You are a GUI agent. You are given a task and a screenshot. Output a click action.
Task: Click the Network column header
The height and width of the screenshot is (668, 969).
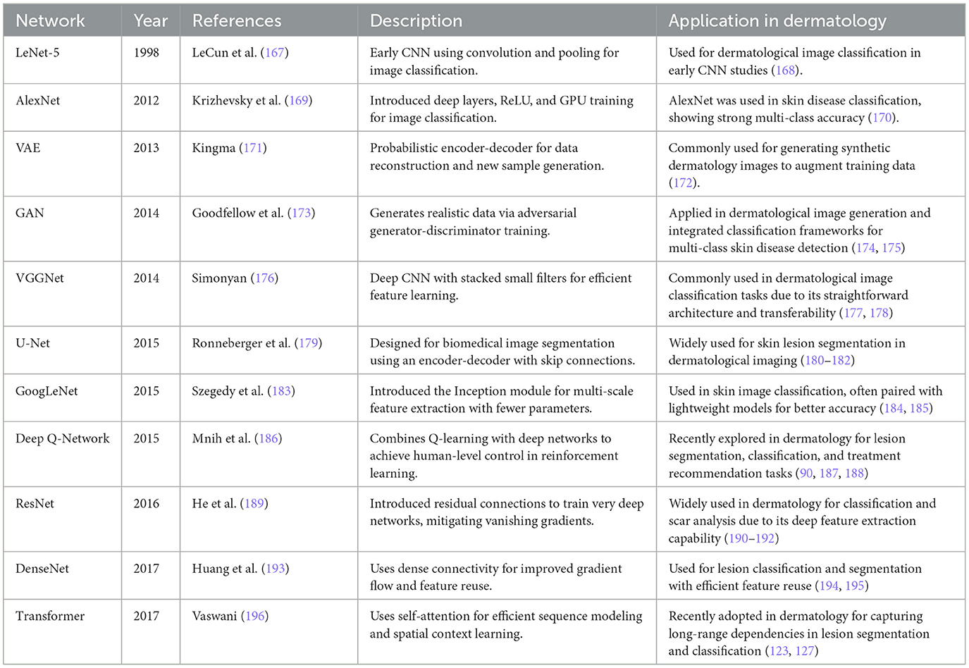50,21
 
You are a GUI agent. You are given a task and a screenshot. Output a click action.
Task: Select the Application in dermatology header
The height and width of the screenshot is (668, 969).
777,21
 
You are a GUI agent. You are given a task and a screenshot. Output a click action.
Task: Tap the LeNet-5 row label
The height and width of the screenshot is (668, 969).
37,53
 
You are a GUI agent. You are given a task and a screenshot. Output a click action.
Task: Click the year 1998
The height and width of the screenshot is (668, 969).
147,53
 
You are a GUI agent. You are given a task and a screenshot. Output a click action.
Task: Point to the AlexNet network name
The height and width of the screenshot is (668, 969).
38,101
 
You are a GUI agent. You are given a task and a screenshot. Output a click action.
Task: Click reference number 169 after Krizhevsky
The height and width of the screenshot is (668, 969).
299,101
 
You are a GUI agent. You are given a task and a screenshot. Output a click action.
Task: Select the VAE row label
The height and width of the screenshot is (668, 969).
28,148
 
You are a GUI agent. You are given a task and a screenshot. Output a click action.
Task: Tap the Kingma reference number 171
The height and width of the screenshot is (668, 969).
253,148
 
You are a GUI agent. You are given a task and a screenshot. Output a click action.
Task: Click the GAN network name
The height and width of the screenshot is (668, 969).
30,213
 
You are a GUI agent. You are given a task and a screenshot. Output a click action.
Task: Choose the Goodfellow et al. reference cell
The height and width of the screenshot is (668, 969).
253,213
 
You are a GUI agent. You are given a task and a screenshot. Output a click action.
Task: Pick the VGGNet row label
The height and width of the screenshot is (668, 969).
39,278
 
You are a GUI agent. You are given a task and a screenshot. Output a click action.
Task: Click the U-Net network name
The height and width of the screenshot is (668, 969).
33,343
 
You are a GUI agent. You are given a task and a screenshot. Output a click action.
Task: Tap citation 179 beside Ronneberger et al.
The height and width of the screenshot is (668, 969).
309,343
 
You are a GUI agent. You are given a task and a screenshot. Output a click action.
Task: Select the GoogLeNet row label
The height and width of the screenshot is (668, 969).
47,391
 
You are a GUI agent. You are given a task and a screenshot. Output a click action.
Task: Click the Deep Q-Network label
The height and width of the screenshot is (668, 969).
63,438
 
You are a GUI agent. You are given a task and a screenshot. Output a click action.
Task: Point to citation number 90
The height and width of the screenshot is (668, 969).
806,474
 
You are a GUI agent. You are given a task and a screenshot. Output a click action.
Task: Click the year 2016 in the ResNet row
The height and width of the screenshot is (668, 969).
147,504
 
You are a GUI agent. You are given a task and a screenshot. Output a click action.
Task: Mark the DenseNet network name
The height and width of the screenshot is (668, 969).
42,569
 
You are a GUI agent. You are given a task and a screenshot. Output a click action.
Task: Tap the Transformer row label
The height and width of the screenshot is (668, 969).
50,616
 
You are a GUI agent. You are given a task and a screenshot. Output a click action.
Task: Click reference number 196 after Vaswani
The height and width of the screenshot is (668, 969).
254,616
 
